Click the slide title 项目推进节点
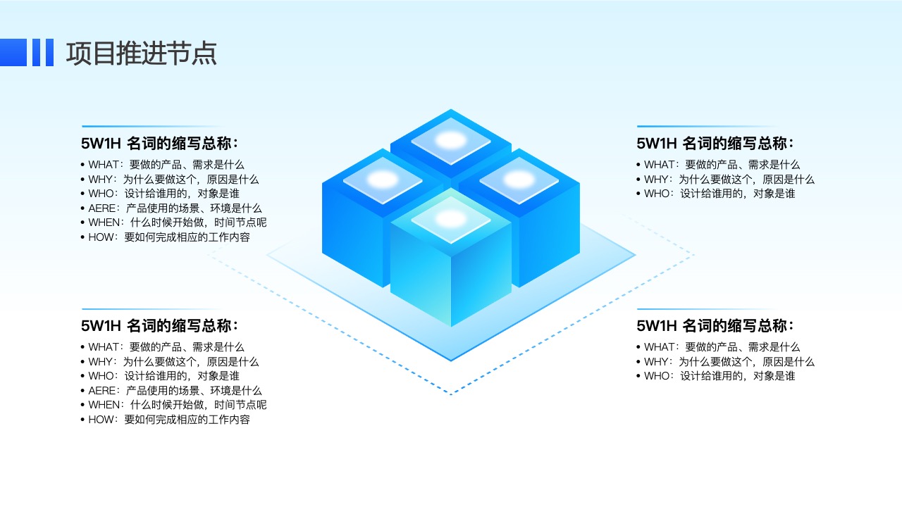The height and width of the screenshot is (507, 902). [142, 53]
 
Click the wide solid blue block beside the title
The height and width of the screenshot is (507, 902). [13, 52]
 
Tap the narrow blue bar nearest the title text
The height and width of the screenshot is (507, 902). [49, 52]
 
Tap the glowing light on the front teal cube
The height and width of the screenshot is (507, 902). [451, 219]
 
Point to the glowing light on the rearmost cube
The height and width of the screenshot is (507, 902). [451, 140]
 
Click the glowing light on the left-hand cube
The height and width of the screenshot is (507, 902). [383, 180]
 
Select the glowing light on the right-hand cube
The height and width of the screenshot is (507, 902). [519, 180]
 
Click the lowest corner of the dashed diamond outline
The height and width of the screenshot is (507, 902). [451, 394]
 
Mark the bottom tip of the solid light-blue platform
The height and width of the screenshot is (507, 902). [451, 360]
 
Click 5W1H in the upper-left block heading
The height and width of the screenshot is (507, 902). [101, 144]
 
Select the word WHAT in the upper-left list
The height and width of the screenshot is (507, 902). [103, 165]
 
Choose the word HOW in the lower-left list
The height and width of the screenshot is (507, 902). [101, 420]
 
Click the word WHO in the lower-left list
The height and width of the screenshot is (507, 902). [101, 376]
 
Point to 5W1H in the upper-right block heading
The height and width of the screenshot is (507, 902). [656, 144]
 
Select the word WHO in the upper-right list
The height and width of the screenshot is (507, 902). [656, 194]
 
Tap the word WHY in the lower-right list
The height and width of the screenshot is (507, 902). [655, 362]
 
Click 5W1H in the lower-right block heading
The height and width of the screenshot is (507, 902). [656, 326]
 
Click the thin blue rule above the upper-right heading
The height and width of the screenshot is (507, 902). [709, 126]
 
